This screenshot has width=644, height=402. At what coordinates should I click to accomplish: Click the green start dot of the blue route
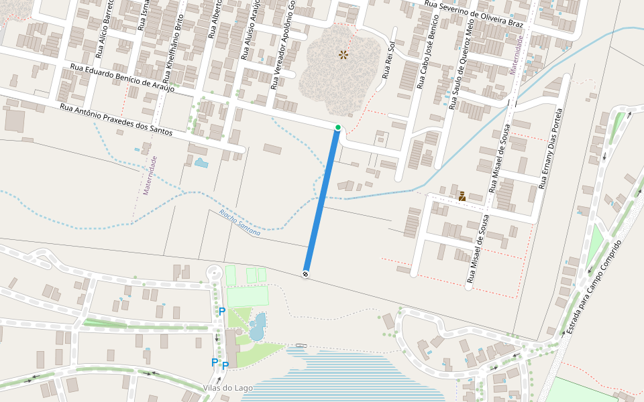pyautogui.click(x=338, y=127)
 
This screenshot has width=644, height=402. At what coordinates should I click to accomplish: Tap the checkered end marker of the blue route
pyautogui.click(x=306, y=273)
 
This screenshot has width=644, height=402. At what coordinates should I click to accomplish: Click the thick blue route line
pyautogui.click(x=322, y=201)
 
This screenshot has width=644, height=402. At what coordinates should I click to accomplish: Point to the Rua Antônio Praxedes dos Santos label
pyautogui.click(x=116, y=120)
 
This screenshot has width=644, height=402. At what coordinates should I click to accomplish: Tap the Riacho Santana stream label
pyautogui.click(x=239, y=220)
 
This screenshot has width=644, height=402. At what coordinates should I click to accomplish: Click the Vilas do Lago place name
pyautogui.click(x=227, y=388)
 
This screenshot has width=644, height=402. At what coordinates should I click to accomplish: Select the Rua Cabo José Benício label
pyautogui.click(x=426, y=60)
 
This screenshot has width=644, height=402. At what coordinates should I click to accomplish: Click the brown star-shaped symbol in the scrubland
pyautogui.click(x=343, y=54)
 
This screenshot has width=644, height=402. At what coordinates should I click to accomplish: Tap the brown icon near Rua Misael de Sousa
pyautogui.click(x=462, y=196)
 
